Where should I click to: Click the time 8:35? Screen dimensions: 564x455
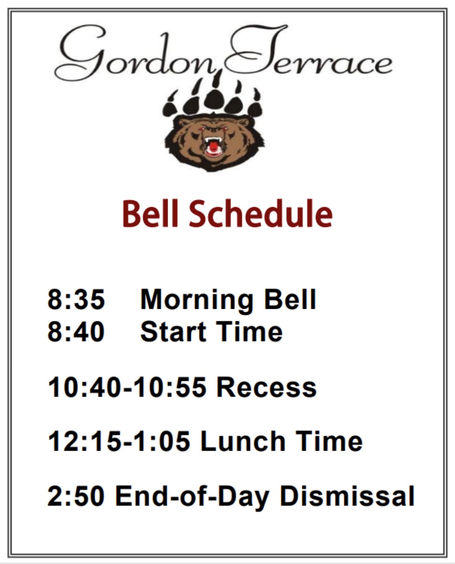[76, 299]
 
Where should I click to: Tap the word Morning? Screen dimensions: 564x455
[196, 300]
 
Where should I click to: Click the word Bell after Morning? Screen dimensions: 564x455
[290, 299]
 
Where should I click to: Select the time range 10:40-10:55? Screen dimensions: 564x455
[127, 387]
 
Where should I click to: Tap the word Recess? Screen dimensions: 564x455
[267, 387]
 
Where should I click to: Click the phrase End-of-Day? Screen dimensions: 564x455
[192, 497]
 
